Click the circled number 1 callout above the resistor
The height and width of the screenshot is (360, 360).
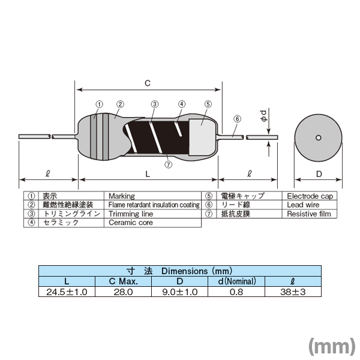click(99, 104)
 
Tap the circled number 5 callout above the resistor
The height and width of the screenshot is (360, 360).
click(208, 104)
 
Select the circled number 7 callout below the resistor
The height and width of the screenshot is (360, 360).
click(168, 164)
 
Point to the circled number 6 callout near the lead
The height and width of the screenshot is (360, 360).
click(237, 119)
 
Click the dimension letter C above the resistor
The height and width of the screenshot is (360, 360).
click(148, 83)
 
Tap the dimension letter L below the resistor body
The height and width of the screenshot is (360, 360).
click(148, 174)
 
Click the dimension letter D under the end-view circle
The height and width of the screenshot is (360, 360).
click(319, 174)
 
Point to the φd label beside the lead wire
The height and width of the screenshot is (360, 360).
click(263, 116)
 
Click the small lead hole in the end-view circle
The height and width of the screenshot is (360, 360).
click(318, 138)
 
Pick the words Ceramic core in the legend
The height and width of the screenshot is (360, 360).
click(131, 223)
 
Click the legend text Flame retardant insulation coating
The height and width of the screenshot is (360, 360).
click(154, 205)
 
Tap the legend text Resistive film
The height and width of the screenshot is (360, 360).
click(309, 214)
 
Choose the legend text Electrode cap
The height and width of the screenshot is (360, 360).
click(310, 196)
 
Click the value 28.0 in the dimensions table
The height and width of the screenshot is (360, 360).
click(123, 292)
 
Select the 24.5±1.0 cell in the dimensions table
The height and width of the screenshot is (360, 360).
click(67, 292)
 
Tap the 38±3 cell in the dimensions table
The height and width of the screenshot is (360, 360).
click(293, 292)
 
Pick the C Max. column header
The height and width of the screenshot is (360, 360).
click(123, 281)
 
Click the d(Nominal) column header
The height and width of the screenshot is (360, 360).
click(237, 281)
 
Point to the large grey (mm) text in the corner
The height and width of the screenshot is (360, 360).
click(332, 346)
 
